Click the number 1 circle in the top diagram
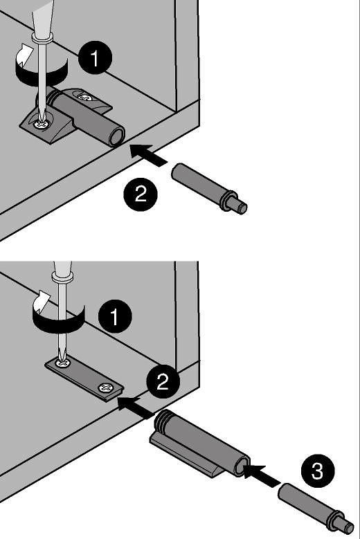(x=96, y=57)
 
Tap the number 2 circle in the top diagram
(x=141, y=194)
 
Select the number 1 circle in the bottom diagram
(x=115, y=316)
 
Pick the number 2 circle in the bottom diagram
(x=163, y=381)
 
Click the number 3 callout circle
(x=318, y=471)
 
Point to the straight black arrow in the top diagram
(x=148, y=155)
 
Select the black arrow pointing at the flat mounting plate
(x=136, y=407)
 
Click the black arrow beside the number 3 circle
(x=262, y=475)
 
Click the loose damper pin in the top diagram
(x=209, y=188)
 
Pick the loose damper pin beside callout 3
(x=316, y=510)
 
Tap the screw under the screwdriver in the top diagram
(x=42, y=124)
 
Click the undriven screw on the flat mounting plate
(x=105, y=388)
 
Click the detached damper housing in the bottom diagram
(x=200, y=444)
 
